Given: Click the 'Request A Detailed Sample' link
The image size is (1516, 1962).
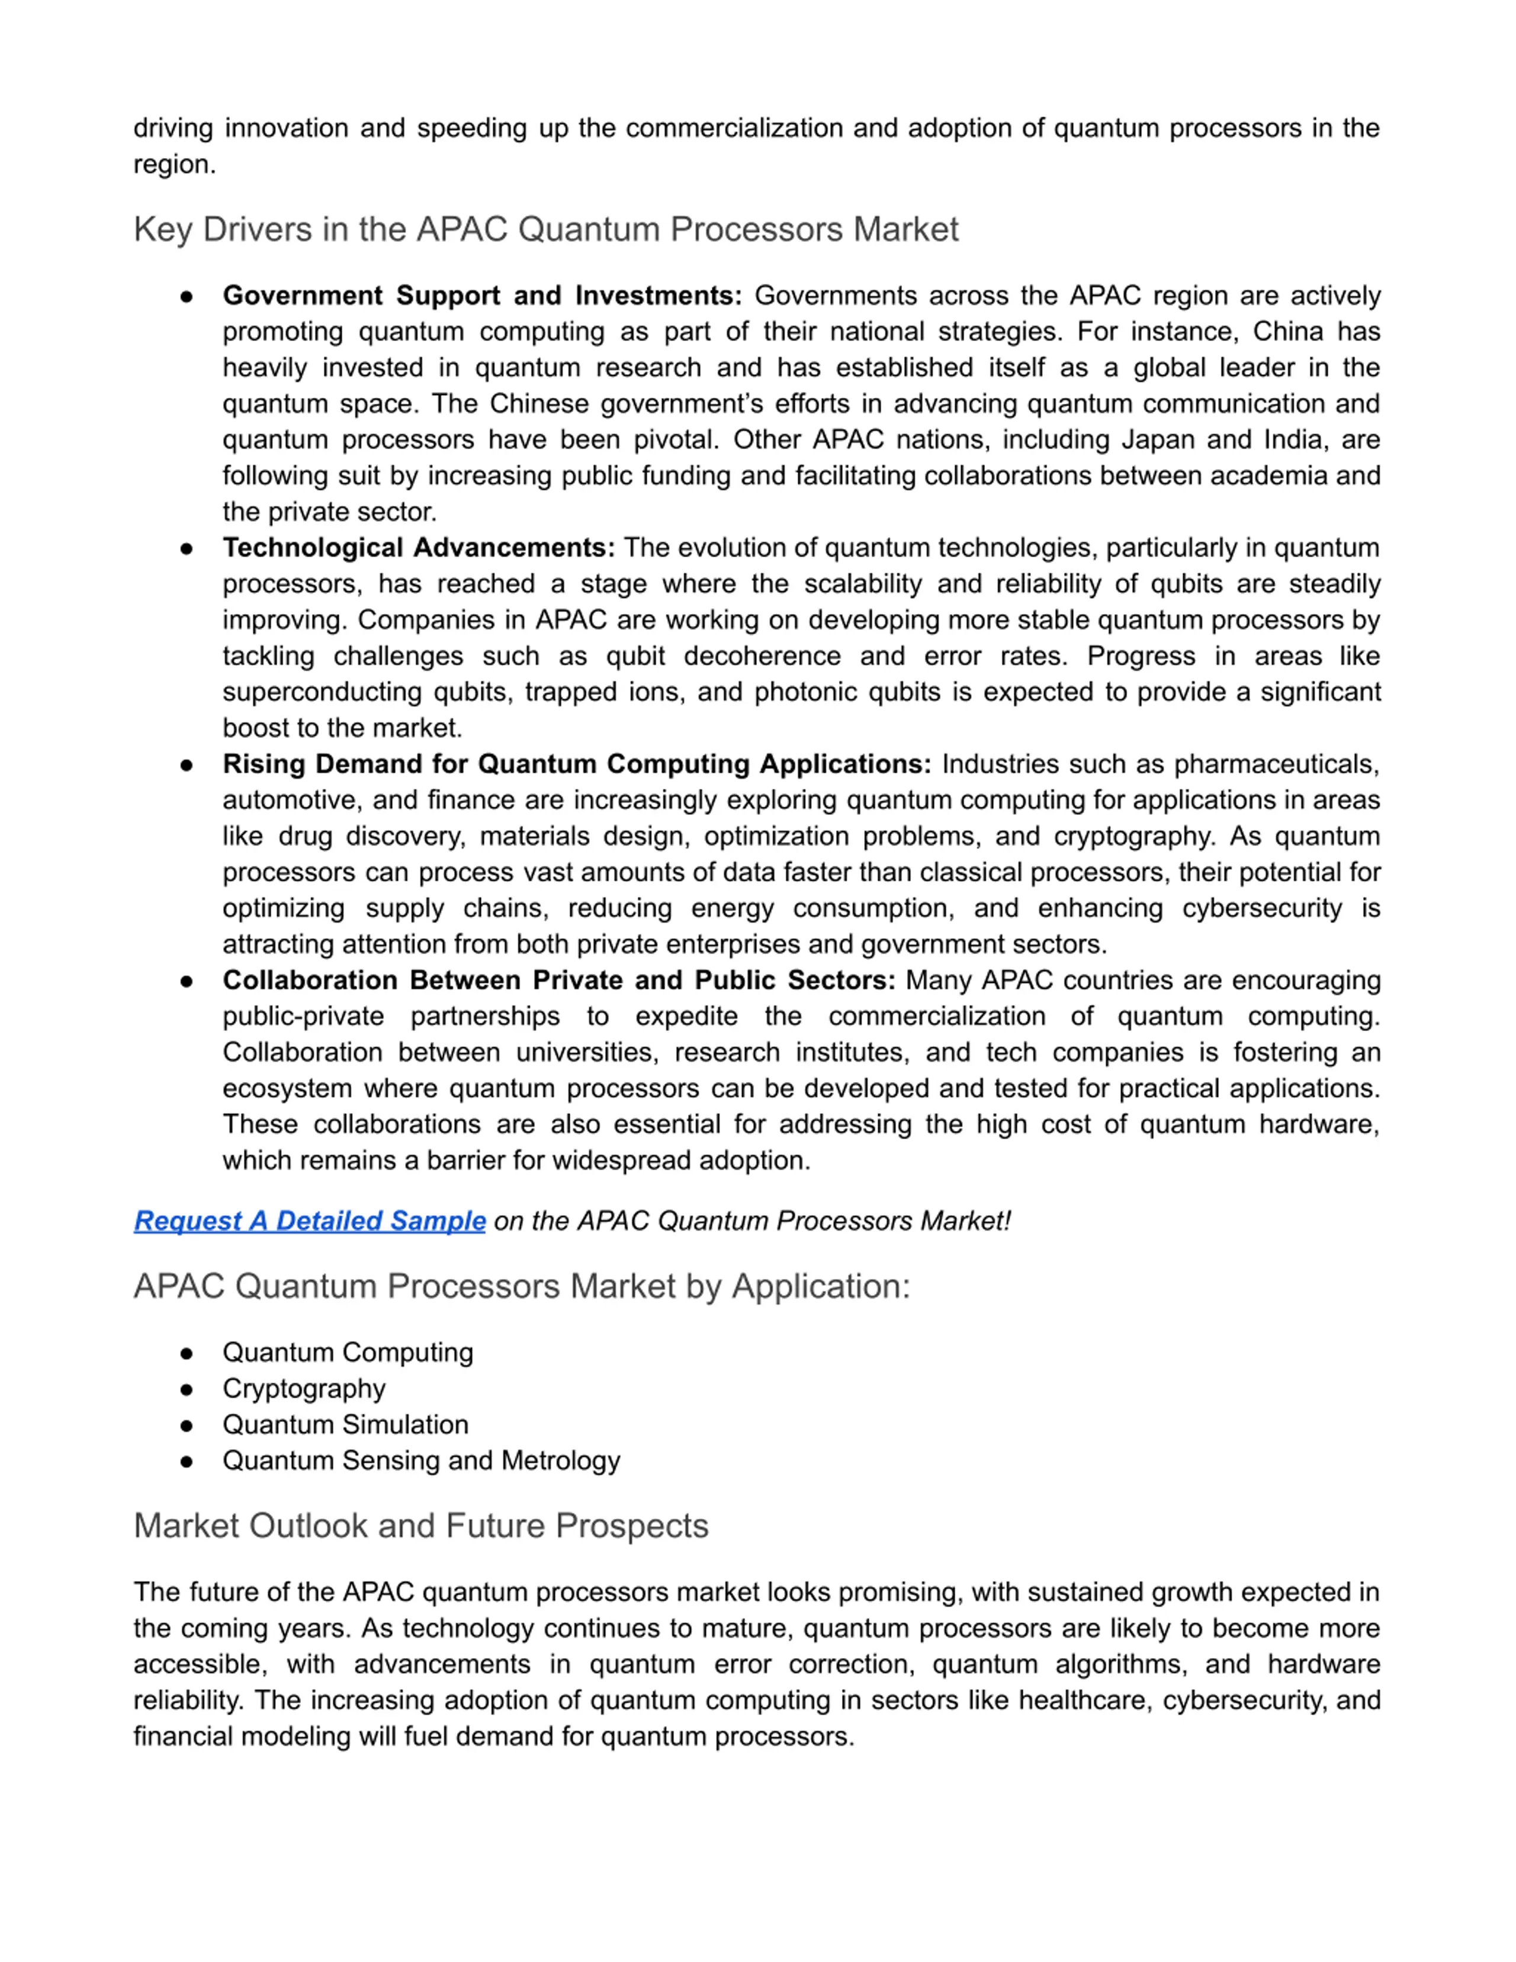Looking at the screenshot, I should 310,1221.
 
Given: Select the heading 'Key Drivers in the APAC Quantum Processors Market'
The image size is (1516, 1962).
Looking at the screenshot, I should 546,229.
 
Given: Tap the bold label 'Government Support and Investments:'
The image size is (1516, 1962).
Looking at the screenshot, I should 482,296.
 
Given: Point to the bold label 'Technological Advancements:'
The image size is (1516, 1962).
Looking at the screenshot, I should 419,548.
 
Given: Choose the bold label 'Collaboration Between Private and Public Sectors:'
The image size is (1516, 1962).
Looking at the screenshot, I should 558,980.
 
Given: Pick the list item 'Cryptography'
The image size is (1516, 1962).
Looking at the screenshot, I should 304,1389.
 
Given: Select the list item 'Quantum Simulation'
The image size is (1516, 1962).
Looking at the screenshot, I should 346,1425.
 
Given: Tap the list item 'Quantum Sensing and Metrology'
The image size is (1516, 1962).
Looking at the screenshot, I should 421,1461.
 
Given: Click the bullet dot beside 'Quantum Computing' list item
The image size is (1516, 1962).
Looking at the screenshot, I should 187,1353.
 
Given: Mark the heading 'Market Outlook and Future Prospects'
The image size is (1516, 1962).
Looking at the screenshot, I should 421,1526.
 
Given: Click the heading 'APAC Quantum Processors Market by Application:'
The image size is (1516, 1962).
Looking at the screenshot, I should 522,1286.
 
